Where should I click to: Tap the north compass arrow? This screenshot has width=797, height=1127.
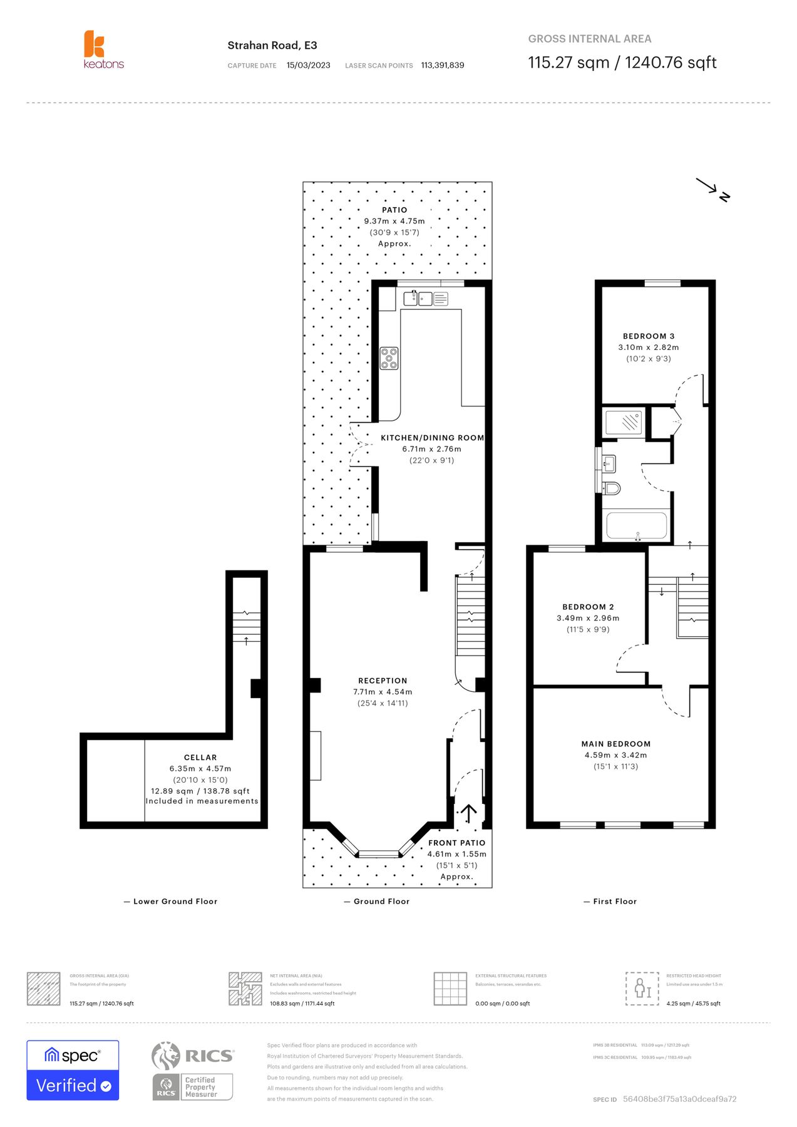(x=712, y=188)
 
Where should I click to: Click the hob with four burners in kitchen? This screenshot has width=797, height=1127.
(x=389, y=358)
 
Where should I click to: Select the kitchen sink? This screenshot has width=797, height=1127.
(x=418, y=299)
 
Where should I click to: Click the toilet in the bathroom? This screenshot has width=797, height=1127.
(x=611, y=488)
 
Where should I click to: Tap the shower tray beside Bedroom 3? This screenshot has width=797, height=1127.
(x=624, y=423)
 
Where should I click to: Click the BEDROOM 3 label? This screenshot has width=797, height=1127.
(x=648, y=336)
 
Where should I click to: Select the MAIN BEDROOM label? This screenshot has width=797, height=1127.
(x=615, y=744)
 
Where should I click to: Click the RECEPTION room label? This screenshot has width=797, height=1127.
(x=383, y=681)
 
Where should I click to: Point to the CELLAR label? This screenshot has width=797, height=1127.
(x=200, y=757)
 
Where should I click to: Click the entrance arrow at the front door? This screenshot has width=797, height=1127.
(x=468, y=813)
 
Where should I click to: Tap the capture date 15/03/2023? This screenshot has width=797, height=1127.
(x=308, y=65)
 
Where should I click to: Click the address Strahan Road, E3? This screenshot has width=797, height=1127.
(x=272, y=45)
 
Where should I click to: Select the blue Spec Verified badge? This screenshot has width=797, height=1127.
(x=73, y=1070)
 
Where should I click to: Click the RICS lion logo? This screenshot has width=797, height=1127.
(x=167, y=1056)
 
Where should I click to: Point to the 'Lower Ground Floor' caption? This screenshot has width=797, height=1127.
(x=175, y=902)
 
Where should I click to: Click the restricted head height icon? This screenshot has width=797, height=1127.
(x=642, y=989)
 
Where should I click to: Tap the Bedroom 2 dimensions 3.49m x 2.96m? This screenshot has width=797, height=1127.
(x=587, y=618)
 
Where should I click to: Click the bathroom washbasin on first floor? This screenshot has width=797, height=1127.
(x=609, y=464)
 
